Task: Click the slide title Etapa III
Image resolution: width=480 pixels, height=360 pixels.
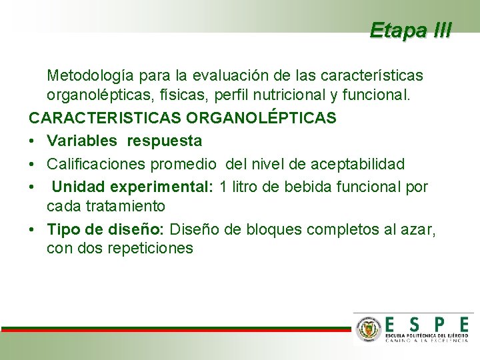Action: pyautogui.click(x=411, y=30)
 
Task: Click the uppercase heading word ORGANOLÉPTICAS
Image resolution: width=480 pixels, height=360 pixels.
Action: pyautogui.click(x=261, y=119)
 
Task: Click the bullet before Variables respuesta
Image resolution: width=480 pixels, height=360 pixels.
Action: pyautogui.click(x=32, y=141)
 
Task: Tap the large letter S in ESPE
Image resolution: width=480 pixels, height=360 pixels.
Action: pyautogui.click(x=415, y=324)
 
